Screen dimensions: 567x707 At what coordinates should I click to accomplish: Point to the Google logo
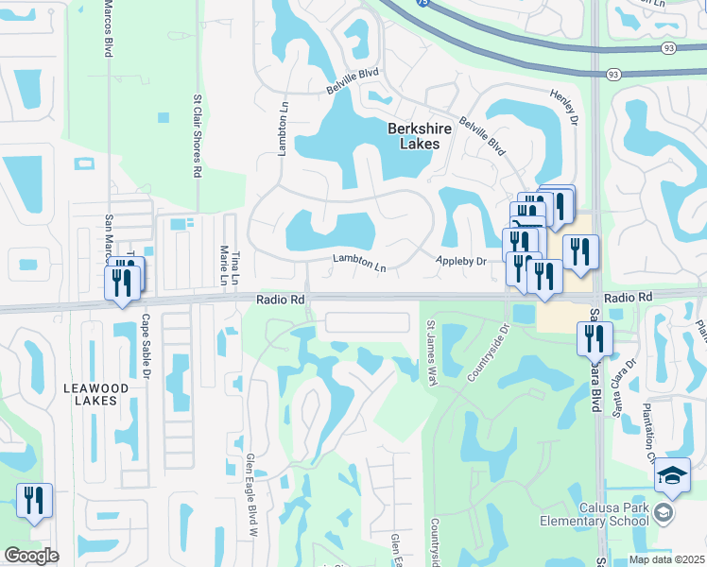coord(31,555)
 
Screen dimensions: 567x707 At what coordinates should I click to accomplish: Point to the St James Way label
coord(430,350)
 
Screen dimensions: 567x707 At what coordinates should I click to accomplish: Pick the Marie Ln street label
coord(223,265)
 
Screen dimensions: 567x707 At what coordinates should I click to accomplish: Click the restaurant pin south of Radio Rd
coord(595,338)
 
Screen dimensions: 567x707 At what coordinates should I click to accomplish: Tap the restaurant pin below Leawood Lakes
coord(34,501)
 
